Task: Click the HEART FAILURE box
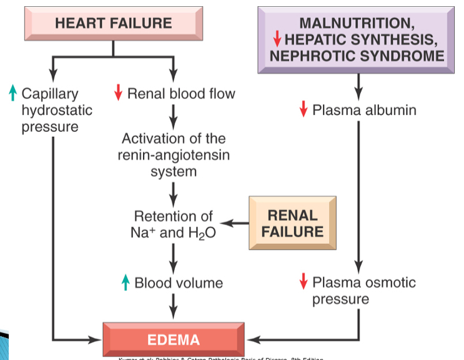[113, 24]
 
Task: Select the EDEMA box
[173, 340]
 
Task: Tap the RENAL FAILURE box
[292, 224]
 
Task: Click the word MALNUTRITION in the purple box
[357, 23]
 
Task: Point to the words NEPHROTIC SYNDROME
[357, 55]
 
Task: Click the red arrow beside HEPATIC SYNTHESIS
[277, 39]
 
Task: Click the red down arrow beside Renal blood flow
[117, 94]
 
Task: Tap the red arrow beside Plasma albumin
[303, 110]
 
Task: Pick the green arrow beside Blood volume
[126, 282]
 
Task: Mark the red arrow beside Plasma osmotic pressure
[303, 282]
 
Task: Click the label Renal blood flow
[181, 94]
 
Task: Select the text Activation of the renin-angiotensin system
[174, 154]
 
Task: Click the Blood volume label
[179, 282]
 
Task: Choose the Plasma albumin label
[364, 110]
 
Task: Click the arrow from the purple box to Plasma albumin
[358, 86]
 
